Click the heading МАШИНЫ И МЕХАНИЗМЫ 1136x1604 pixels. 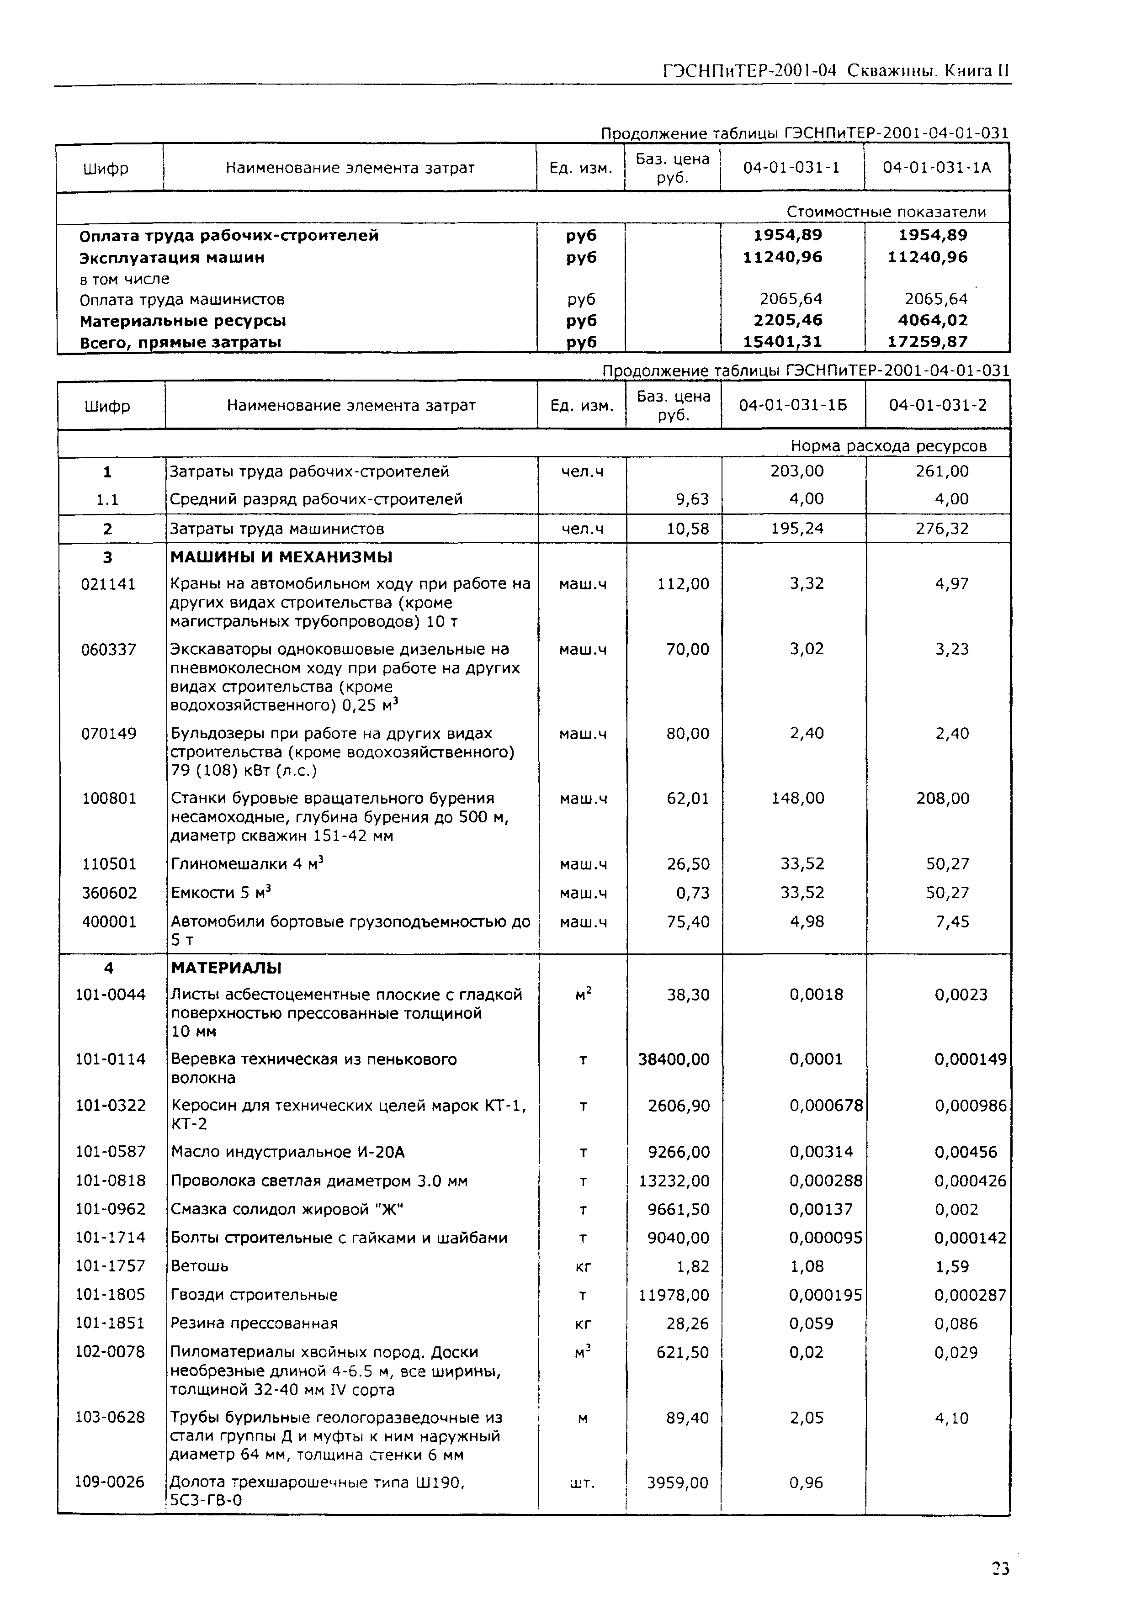click(x=281, y=557)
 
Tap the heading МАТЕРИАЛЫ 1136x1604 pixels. click(x=226, y=968)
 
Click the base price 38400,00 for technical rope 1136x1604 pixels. click(x=673, y=1059)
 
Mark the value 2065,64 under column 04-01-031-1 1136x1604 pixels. click(x=791, y=299)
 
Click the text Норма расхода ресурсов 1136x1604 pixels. click(x=888, y=446)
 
